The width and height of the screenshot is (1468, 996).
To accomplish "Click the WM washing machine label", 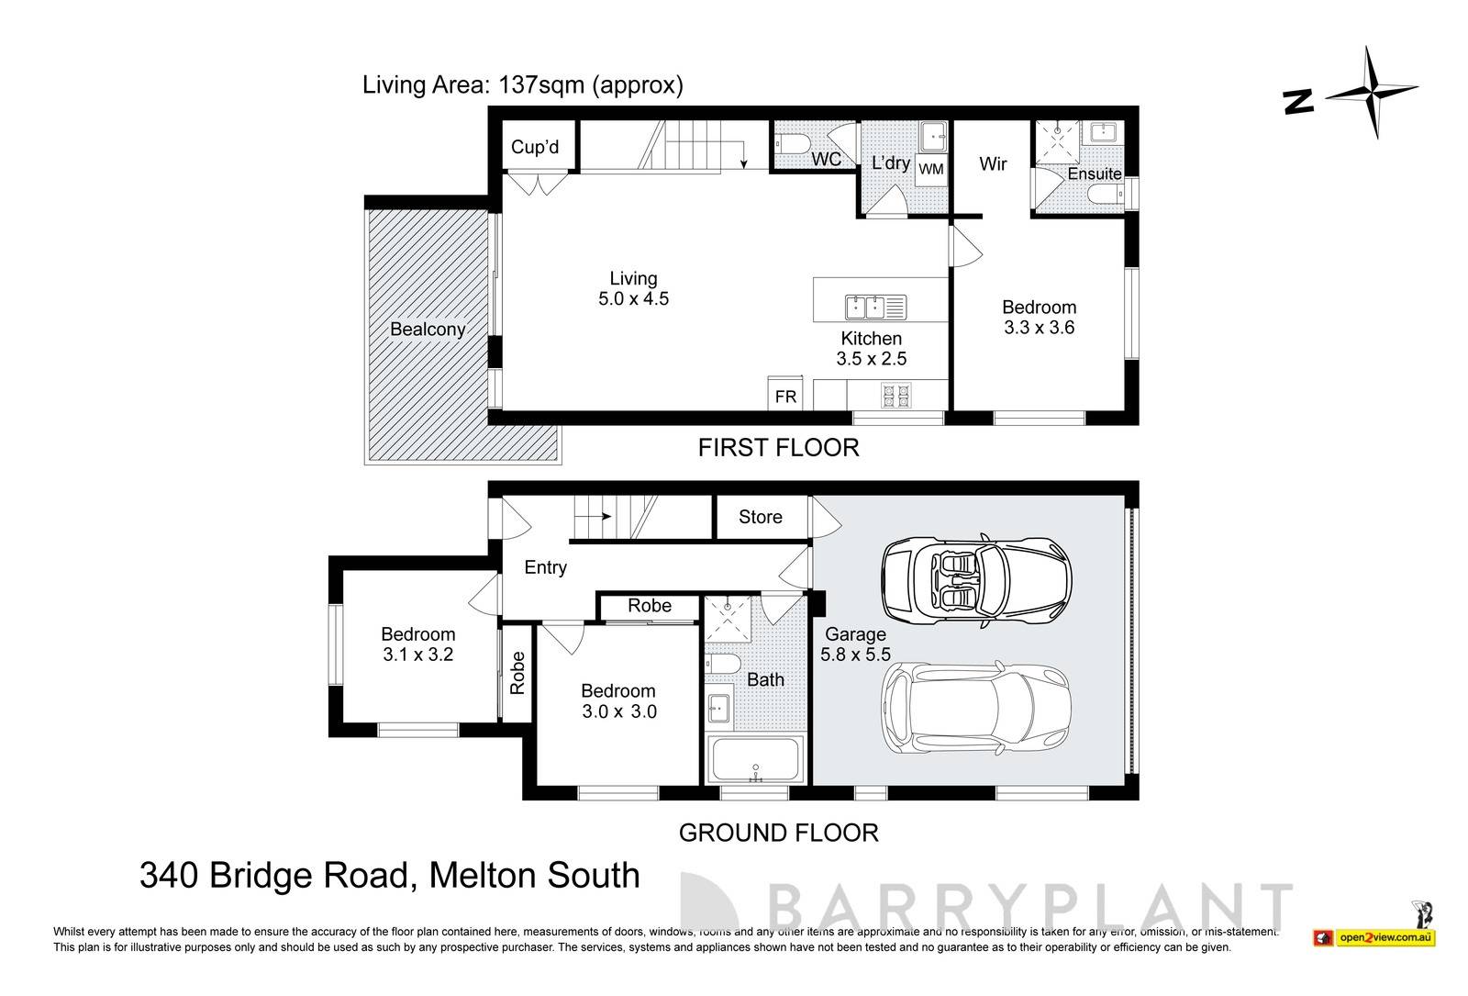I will [x=930, y=169].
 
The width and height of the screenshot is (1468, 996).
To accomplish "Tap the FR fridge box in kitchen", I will [x=785, y=396].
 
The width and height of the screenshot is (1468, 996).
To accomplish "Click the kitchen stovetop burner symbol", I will [x=895, y=396].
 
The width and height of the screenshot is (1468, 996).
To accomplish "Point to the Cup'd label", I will [x=535, y=147].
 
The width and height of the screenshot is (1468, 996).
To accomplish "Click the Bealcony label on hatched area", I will [x=428, y=329].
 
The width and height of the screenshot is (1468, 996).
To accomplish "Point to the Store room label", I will [x=761, y=517].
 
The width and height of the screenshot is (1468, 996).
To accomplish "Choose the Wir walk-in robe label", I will [x=993, y=164].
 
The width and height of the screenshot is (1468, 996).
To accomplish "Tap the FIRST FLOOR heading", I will [x=778, y=448].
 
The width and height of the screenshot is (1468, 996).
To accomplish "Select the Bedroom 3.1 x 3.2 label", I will [x=417, y=644].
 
